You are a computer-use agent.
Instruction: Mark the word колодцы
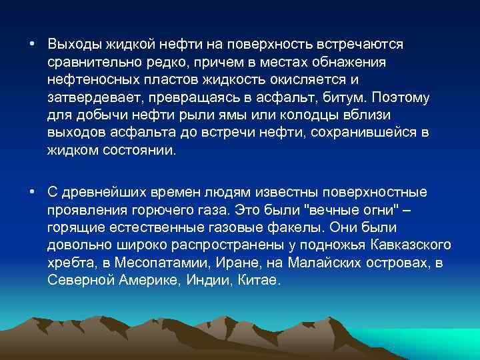tap(295, 115)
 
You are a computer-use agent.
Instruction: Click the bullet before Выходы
tap(32, 44)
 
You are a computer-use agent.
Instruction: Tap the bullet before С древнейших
tap(32, 193)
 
